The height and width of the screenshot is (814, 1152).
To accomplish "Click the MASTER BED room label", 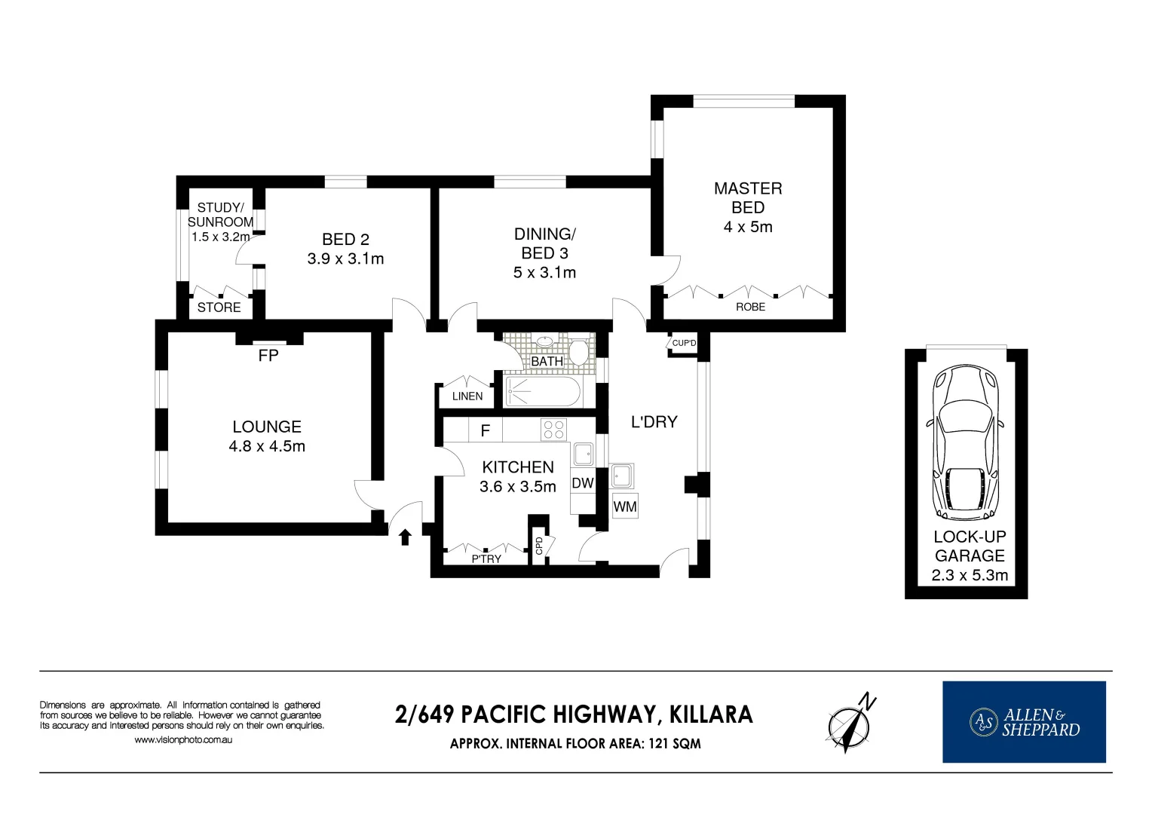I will click(x=747, y=197).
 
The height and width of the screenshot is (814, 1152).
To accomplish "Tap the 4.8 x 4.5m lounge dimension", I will click(x=267, y=446).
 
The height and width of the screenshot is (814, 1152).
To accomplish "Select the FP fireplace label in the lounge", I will click(x=268, y=356).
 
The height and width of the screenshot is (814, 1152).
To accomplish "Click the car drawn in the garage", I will click(x=966, y=442).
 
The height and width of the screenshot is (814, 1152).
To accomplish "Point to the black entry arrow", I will click(x=405, y=537).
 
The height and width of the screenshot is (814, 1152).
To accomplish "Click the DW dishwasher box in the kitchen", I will click(x=582, y=483).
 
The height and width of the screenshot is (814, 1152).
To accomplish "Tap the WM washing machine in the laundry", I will click(x=624, y=506).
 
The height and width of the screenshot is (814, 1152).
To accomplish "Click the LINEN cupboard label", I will click(x=467, y=396).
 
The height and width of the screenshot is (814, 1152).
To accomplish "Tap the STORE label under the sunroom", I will click(x=219, y=308).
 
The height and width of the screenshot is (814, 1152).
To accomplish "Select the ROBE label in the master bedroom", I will click(x=750, y=307).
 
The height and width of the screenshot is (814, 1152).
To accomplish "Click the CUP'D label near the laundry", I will click(x=684, y=344).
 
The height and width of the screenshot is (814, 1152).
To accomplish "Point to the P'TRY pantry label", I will click(x=486, y=558).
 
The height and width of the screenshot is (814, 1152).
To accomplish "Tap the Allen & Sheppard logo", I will click(x=1024, y=722).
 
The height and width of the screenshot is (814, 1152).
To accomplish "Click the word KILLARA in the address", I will click(x=711, y=715).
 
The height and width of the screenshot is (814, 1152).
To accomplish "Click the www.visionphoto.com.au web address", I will click(x=182, y=740).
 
